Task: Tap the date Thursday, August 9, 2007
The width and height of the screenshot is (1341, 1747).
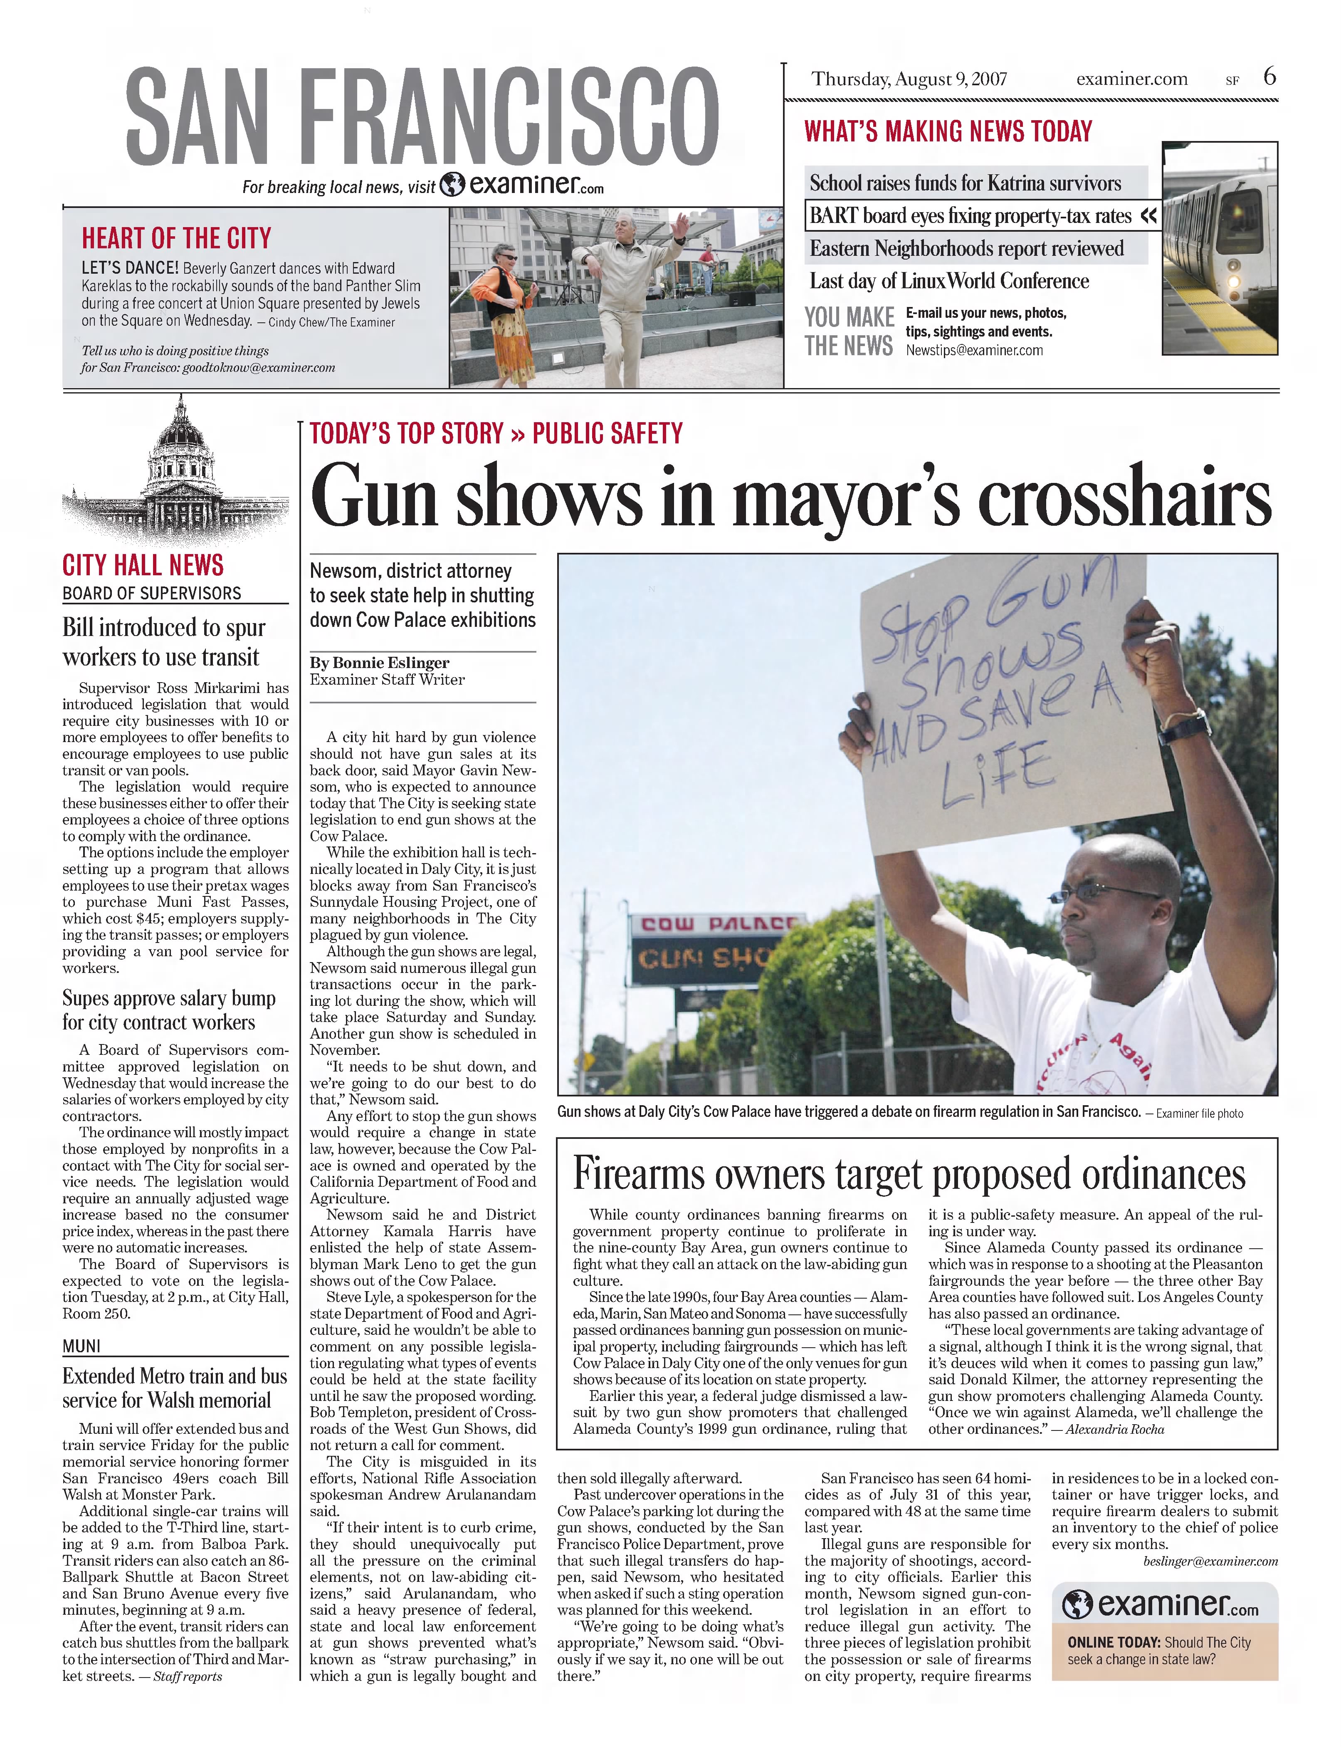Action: click(909, 79)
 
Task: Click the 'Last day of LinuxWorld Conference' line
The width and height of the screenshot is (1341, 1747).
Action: click(948, 281)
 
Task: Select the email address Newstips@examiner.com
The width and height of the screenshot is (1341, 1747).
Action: click(974, 350)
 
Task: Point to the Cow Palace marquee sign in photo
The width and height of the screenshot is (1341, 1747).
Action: click(714, 950)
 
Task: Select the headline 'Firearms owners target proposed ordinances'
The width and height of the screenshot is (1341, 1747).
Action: click(909, 1174)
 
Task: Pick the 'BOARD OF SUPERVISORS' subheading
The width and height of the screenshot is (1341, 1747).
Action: click(152, 593)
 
